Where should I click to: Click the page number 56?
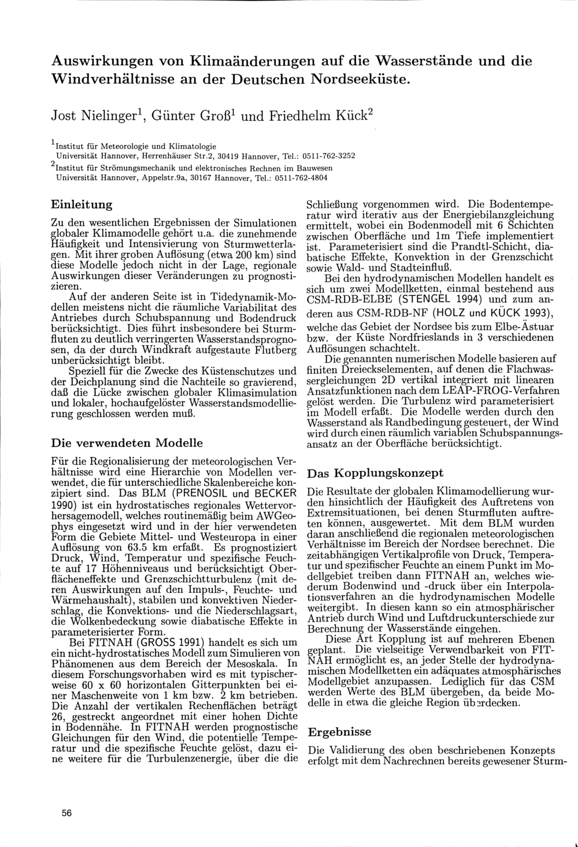(67, 813)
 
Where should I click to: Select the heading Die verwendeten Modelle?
(127, 443)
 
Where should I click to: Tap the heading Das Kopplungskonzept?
(376, 473)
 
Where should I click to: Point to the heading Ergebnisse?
(339, 731)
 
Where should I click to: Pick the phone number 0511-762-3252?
(328, 155)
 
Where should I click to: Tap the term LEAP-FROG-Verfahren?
(501, 390)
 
